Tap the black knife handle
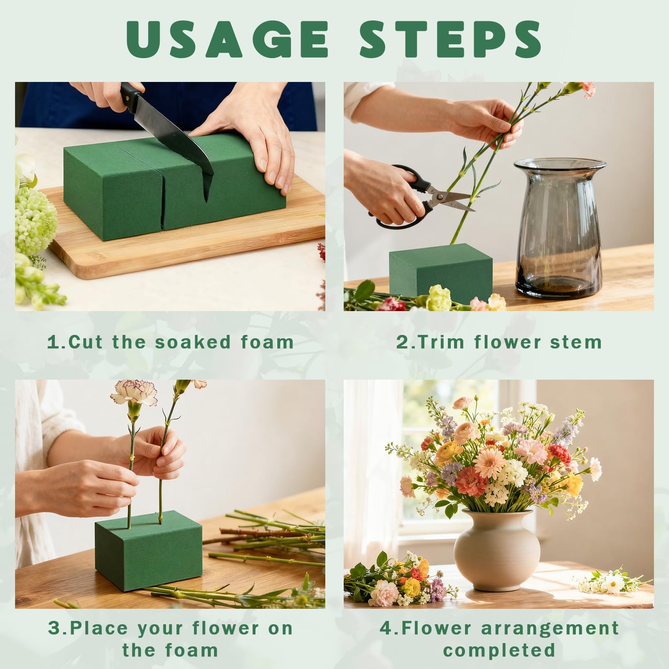coord(132,97)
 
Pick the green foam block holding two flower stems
coord(148,550)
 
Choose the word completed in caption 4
coord(499,650)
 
